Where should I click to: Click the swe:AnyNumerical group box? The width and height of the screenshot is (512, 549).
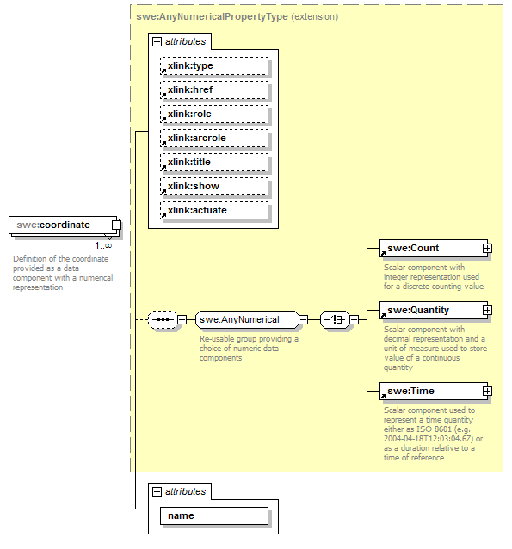point(245,320)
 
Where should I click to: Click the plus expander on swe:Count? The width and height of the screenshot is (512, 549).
point(487,248)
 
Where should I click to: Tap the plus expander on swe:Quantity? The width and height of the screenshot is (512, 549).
point(487,310)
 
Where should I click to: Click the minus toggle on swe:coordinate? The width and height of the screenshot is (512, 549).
point(117,225)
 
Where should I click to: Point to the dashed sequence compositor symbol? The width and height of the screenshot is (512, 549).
point(163,320)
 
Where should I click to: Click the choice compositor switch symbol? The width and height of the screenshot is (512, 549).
point(333,320)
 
